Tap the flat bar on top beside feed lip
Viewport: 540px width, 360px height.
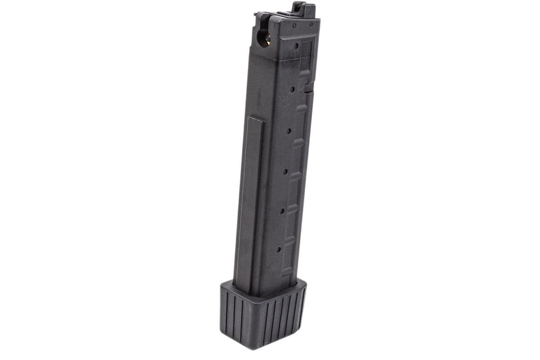point(282,14)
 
